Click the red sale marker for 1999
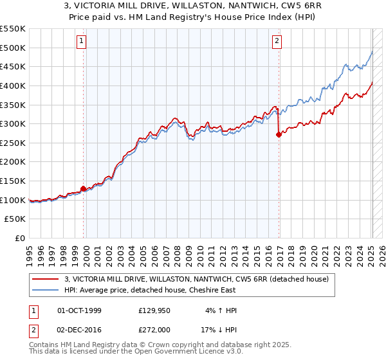coord(83,188)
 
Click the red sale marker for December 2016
coord(279,134)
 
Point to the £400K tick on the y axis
coord(14,85)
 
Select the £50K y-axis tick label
coord(16,219)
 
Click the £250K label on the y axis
coord(14,143)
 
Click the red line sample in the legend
coord(46,279)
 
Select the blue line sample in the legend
coord(46,290)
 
